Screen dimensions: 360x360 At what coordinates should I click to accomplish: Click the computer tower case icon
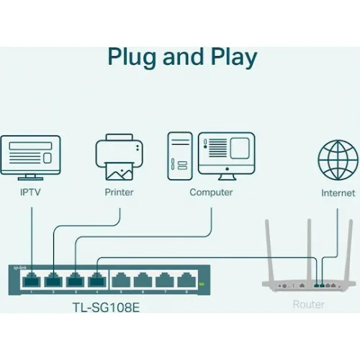pyautogui.click(x=180, y=155)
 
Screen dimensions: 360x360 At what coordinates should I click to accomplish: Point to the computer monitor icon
pyautogui.click(x=226, y=154)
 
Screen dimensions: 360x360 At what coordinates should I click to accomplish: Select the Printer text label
pyautogui.click(x=119, y=193)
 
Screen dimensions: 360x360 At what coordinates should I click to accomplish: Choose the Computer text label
pyautogui.click(x=211, y=193)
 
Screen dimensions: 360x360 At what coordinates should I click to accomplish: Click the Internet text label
pyautogui.click(x=338, y=193)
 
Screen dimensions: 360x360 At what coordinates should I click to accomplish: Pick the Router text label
pyautogui.click(x=308, y=305)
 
